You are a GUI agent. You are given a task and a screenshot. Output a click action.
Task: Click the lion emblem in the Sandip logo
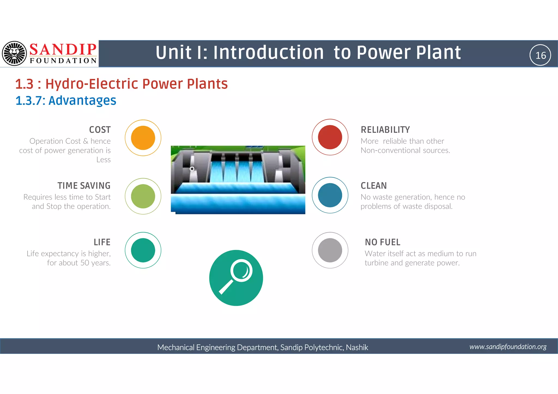click(14, 53)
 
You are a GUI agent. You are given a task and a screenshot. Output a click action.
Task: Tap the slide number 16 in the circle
click(540, 55)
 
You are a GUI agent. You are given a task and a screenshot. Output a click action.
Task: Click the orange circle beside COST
click(143, 138)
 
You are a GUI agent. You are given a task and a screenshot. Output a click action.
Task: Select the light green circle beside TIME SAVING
click(143, 196)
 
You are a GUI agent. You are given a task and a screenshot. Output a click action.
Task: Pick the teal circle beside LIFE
click(143, 250)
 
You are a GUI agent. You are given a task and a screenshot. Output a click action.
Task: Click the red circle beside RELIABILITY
click(330, 137)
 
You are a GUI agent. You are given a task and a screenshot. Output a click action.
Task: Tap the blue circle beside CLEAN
click(330, 195)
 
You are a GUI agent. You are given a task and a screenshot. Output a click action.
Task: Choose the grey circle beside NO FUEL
click(330, 250)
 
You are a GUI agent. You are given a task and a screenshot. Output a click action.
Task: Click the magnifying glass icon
click(236, 278)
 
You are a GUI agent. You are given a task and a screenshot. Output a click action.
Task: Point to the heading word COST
click(100, 130)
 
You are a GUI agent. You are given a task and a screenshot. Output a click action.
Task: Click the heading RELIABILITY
click(385, 130)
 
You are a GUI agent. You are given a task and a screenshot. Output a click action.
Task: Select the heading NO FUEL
click(383, 242)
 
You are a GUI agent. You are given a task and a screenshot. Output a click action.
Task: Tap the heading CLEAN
click(374, 186)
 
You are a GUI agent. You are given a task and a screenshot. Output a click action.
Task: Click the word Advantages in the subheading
click(82, 100)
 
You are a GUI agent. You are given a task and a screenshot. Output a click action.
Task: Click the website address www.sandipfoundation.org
click(508, 347)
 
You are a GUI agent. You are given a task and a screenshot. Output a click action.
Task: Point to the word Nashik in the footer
click(357, 347)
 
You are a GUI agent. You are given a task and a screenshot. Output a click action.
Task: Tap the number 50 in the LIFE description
click(85, 263)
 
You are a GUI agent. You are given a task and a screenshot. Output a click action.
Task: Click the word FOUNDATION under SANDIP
click(63, 61)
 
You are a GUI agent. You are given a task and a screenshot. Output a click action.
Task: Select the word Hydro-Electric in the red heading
click(92, 84)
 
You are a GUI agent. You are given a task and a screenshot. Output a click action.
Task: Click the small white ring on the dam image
click(192, 169)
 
